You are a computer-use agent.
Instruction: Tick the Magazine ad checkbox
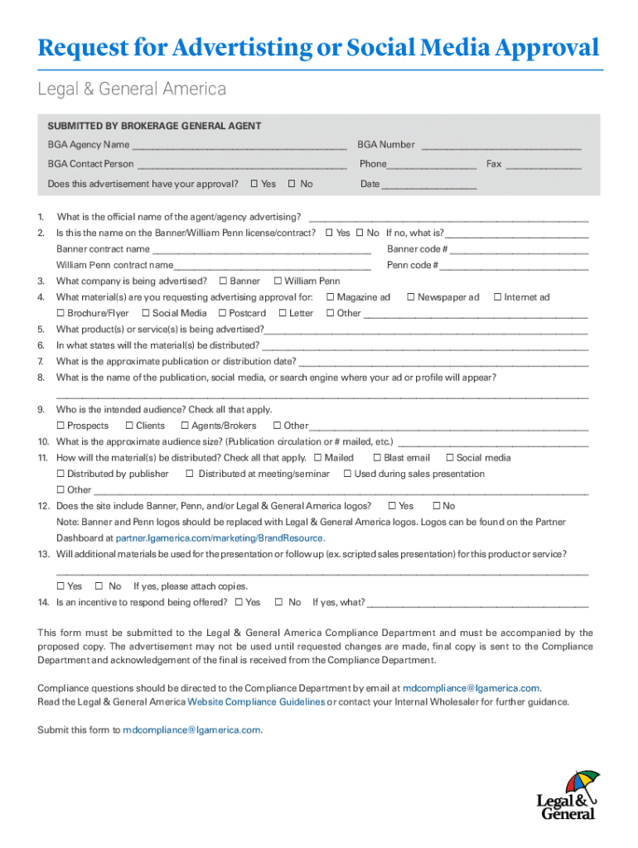click(330, 297)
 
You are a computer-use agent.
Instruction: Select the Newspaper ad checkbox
click(410, 297)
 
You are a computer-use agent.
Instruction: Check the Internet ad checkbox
click(497, 297)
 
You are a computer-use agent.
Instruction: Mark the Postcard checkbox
click(222, 313)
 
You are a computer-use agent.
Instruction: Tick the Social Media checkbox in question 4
click(145, 313)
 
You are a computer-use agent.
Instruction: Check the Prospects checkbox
click(60, 426)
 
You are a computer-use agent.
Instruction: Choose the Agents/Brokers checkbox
click(184, 426)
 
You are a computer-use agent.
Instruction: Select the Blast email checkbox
click(377, 458)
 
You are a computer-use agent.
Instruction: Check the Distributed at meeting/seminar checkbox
click(190, 474)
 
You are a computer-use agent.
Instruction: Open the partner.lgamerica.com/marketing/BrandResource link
click(219, 537)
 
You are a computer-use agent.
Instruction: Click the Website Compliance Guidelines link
click(256, 702)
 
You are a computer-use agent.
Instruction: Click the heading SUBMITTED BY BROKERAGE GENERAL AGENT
click(154, 126)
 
